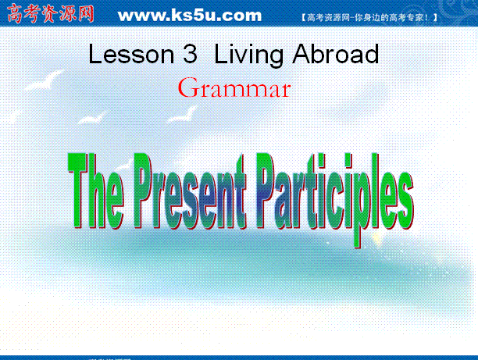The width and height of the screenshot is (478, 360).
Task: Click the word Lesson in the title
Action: (131, 54)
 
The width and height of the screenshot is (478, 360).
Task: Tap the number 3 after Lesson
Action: (191, 54)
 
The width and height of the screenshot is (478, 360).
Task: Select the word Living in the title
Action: (248, 55)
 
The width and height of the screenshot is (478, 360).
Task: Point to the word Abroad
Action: (336, 54)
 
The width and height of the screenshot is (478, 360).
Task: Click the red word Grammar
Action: (234, 87)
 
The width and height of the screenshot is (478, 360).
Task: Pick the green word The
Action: (96, 191)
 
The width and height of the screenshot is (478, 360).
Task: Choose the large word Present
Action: (190, 191)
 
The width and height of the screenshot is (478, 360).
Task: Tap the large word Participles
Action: (335, 199)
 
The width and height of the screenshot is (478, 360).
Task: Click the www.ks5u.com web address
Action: (190, 16)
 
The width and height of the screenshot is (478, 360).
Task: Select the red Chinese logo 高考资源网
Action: (50, 14)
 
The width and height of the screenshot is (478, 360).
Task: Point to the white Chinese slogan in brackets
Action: (369, 17)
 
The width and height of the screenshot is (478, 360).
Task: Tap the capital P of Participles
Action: (267, 191)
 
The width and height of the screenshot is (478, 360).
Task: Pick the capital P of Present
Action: (143, 191)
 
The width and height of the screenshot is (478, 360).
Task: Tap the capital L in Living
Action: (220, 54)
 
